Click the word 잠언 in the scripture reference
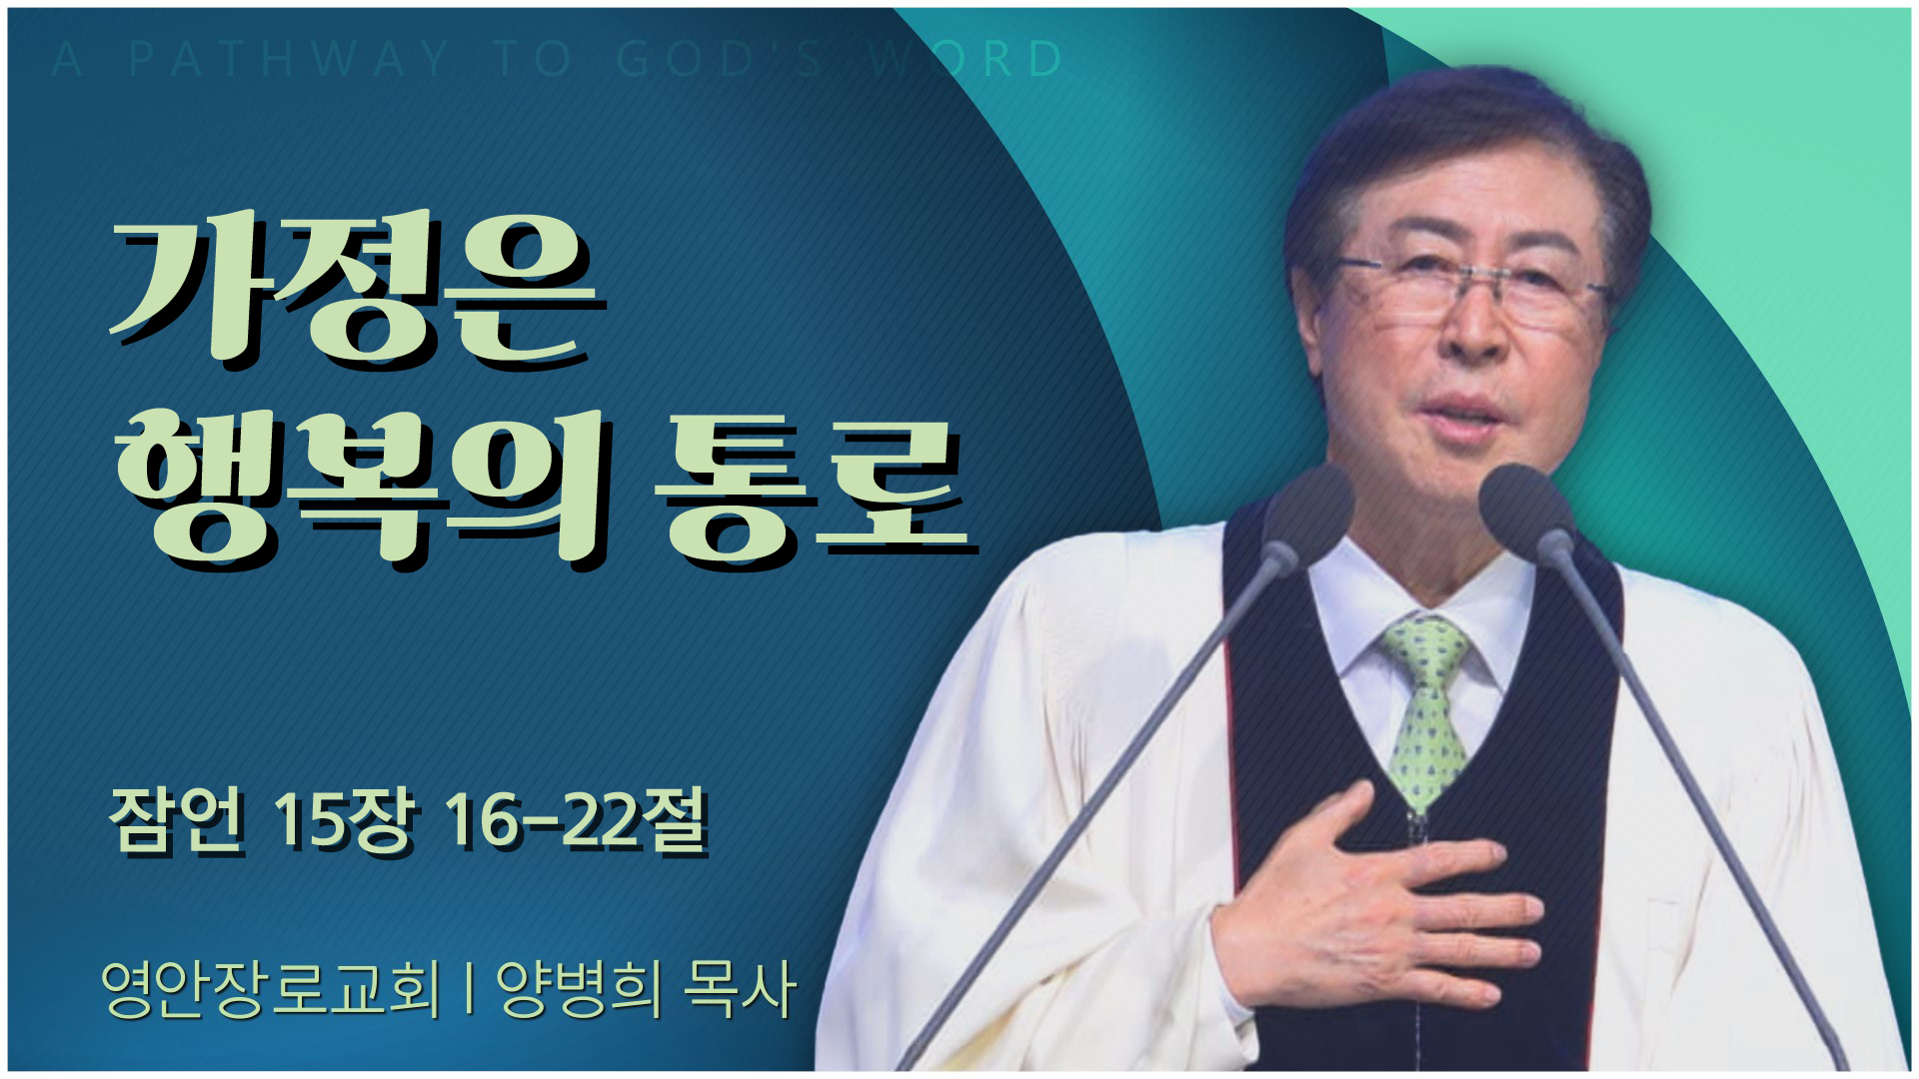[177, 821]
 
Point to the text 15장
[343, 821]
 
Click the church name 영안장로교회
[271, 989]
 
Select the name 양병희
[580, 989]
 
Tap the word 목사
[740, 989]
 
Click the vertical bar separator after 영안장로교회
[469, 989]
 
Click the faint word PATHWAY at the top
[289, 59]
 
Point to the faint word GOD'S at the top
[720, 59]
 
